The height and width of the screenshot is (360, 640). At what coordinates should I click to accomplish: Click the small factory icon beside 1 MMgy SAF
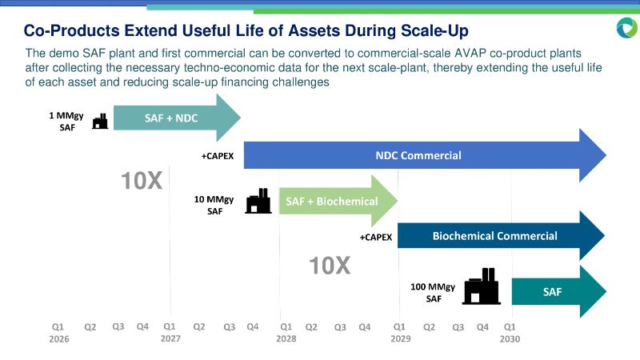100,121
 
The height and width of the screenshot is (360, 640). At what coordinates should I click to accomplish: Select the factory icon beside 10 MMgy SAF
257,201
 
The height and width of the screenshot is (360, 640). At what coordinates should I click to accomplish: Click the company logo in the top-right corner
626,28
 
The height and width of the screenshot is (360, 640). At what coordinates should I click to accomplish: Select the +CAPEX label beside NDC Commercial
218,156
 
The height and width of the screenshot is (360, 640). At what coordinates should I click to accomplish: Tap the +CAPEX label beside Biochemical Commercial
376,237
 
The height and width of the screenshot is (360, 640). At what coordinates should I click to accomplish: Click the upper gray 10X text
142,182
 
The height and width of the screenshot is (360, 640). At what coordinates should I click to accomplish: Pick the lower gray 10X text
330,265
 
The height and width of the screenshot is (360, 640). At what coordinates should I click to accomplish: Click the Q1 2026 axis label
58,333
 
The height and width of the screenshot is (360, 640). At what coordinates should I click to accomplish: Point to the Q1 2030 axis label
510,333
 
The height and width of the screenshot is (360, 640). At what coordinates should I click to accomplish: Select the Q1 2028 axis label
285,333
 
